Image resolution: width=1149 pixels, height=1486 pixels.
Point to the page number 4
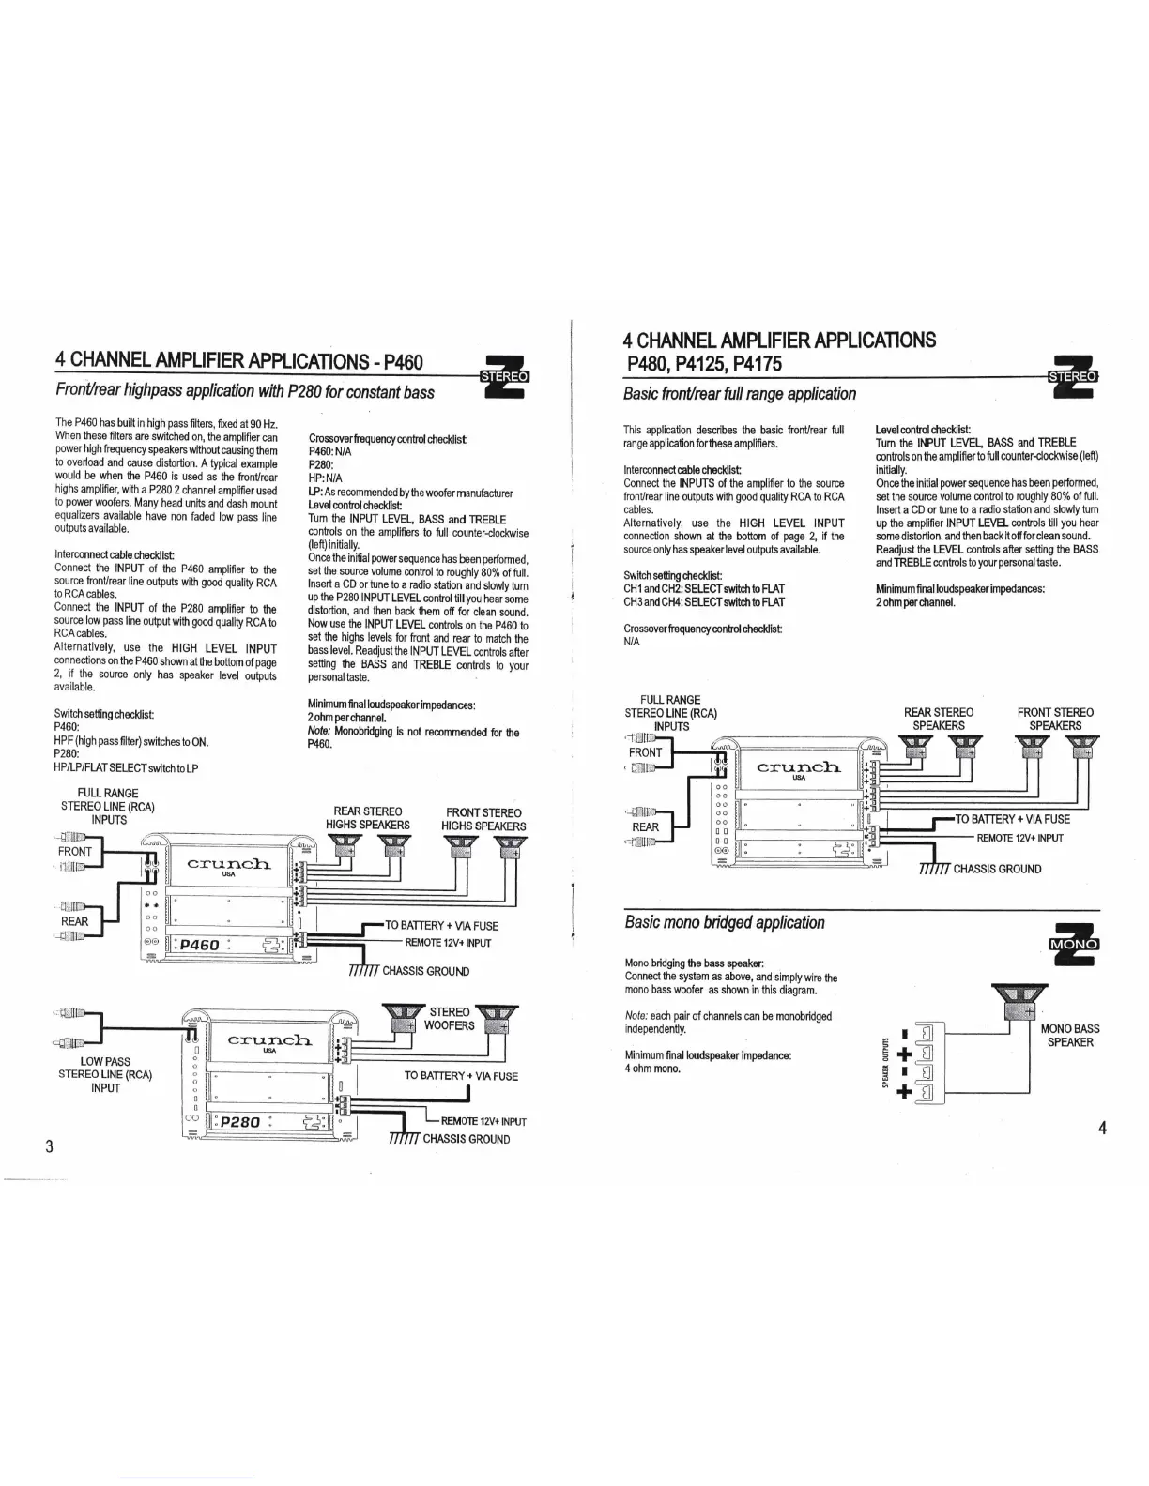point(1103,1128)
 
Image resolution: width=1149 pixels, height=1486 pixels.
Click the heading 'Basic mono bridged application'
point(725,922)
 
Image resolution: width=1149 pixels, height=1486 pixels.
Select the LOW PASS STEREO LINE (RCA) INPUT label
point(105,1074)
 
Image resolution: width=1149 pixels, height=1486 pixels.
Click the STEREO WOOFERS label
point(449,1018)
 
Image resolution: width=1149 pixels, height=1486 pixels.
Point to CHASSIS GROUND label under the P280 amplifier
point(466,1139)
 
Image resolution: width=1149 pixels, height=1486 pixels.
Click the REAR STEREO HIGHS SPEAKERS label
point(368,818)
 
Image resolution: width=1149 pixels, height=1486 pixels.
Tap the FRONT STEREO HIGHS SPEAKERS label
point(483,818)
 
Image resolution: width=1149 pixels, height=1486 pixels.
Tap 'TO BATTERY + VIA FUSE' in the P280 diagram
point(461,1076)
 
